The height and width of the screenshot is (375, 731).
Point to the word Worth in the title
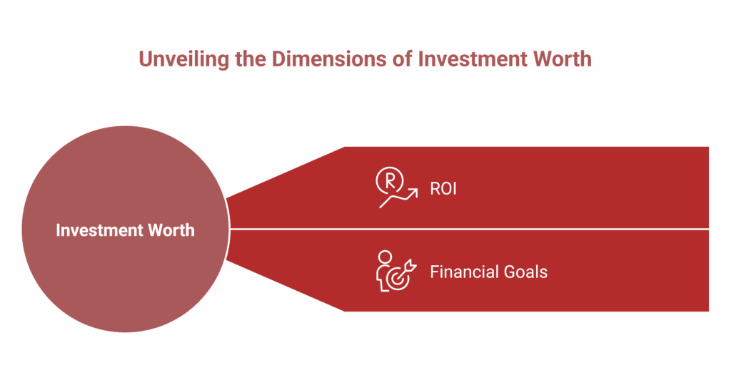tap(562, 58)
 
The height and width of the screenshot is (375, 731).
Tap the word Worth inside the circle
tap(171, 230)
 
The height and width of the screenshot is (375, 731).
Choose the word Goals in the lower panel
tap(525, 272)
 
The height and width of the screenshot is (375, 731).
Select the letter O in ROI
tap(445, 190)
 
